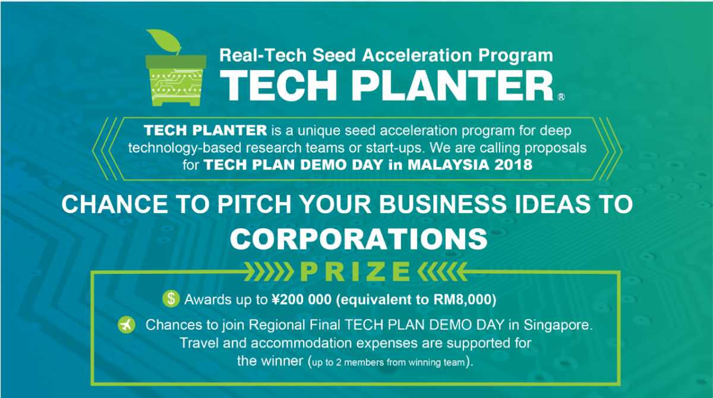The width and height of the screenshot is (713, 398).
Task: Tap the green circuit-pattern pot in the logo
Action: pyautogui.click(x=176, y=81)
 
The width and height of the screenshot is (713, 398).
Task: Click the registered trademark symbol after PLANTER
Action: pyautogui.click(x=561, y=97)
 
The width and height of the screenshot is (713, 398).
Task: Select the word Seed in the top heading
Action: pyautogui.click(x=333, y=55)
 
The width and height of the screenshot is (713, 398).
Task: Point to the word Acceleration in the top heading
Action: pyautogui.click(x=417, y=55)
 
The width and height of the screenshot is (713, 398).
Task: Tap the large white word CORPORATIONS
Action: pyautogui.click(x=359, y=239)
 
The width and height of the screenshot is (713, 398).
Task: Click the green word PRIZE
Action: pyautogui.click(x=355, y=272)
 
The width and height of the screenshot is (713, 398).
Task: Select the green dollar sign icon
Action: pyautogui.click(x=171, y=299)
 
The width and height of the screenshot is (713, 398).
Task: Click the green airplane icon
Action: pyautogui.click(x=127, y=325)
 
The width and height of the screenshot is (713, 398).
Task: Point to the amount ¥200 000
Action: pyautogui.click(x=302, y=300)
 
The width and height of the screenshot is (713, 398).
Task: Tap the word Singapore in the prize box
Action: pyautogui.click(x=558, y=325)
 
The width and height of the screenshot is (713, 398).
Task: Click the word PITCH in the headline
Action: pyautogui.click(x=254, y=204)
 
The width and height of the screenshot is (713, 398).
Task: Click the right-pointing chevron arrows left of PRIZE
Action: pyautogui.click(x=269, y=272)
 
